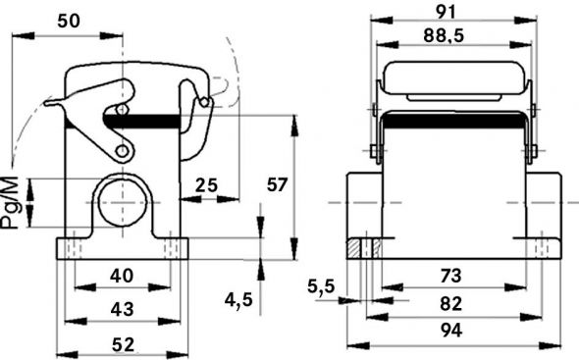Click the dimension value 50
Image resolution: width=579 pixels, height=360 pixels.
(68, 21)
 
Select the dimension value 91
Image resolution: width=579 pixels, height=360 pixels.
(454, 12)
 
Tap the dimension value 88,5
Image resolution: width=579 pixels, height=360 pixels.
(454, 37)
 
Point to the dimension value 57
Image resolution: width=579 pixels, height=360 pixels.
(278, 184)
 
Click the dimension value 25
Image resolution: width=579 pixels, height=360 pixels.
(206, 184)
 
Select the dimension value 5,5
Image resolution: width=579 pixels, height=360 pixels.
(321, 286)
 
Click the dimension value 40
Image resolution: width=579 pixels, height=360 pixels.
(122, 277)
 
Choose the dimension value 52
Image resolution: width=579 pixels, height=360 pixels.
(122, 344)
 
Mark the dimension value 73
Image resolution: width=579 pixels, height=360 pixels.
(450, 277)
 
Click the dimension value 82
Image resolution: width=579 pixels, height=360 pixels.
(450, 302)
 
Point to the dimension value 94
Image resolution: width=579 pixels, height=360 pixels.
(450, 331)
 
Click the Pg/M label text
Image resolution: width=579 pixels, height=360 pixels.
(11, 202)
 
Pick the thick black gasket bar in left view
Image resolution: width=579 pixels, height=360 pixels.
(147, 123)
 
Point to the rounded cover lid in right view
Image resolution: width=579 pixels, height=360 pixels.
(453, 78)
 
